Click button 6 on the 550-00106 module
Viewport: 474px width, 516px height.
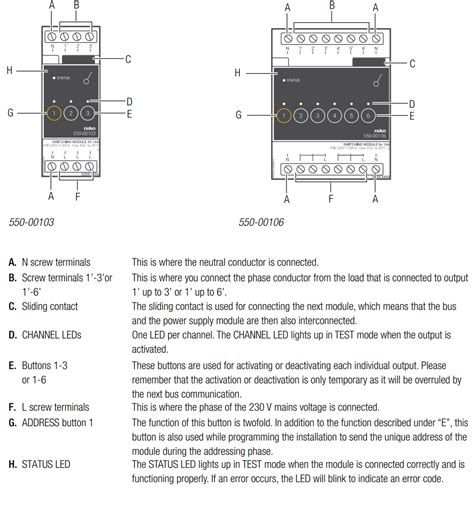click(x=369, y=115)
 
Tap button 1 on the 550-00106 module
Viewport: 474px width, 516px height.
click(x=285, y=115)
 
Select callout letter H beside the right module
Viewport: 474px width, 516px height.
click(x=238, y=73)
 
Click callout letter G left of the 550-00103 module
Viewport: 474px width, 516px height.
click(x=9, y=114)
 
